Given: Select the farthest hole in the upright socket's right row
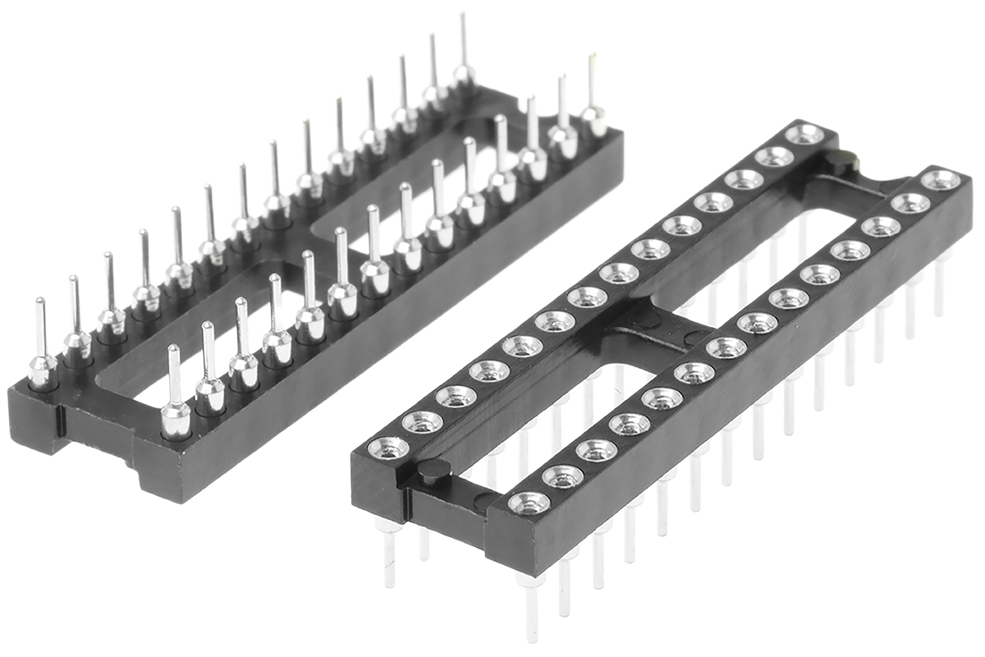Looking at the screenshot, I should pyautogui.click(x=940, y=178).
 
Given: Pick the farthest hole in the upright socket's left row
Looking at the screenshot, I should pyautogui.click(x=804, y=133).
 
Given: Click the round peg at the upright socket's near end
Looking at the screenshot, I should pyautogui.click(x=433, y=471).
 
